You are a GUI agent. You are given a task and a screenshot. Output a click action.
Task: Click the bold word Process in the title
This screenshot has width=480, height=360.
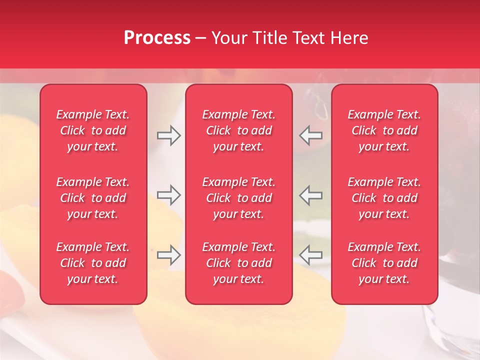point(157,38)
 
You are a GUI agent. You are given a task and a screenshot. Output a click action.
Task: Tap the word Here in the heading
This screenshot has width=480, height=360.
point(350,38)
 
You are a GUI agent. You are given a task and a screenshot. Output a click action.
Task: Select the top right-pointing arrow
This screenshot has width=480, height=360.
point(169,135)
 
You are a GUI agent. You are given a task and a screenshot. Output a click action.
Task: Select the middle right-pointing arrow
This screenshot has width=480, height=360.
point(169,195)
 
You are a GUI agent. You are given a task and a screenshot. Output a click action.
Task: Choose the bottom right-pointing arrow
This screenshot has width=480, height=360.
point(169,255)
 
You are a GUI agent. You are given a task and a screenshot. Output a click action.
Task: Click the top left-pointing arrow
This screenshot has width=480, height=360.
point(311,135)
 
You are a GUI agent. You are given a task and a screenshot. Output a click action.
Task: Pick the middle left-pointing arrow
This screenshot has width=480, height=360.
point(311,195)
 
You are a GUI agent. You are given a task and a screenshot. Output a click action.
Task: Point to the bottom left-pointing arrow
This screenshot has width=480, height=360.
point(311,255)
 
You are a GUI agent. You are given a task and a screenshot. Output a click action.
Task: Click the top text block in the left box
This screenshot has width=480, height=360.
point(93,130)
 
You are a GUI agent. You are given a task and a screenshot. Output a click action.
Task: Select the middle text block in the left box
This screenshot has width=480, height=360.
point(93,198)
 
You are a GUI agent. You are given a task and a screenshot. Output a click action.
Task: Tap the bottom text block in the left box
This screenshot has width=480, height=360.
point(93,263)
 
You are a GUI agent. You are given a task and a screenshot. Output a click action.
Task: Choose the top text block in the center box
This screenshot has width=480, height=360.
point(239,130)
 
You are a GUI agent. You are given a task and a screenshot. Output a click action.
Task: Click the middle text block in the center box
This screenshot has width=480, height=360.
point(239,198)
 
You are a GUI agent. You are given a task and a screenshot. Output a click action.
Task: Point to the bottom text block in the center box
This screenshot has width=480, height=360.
point(239,263)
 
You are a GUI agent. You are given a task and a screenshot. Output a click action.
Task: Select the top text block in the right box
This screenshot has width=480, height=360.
point(384,130)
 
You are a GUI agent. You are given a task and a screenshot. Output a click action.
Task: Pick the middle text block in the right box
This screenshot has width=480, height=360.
point(384,198)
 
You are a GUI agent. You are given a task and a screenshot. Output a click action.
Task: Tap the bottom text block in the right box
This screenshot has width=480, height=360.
point(384,263)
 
